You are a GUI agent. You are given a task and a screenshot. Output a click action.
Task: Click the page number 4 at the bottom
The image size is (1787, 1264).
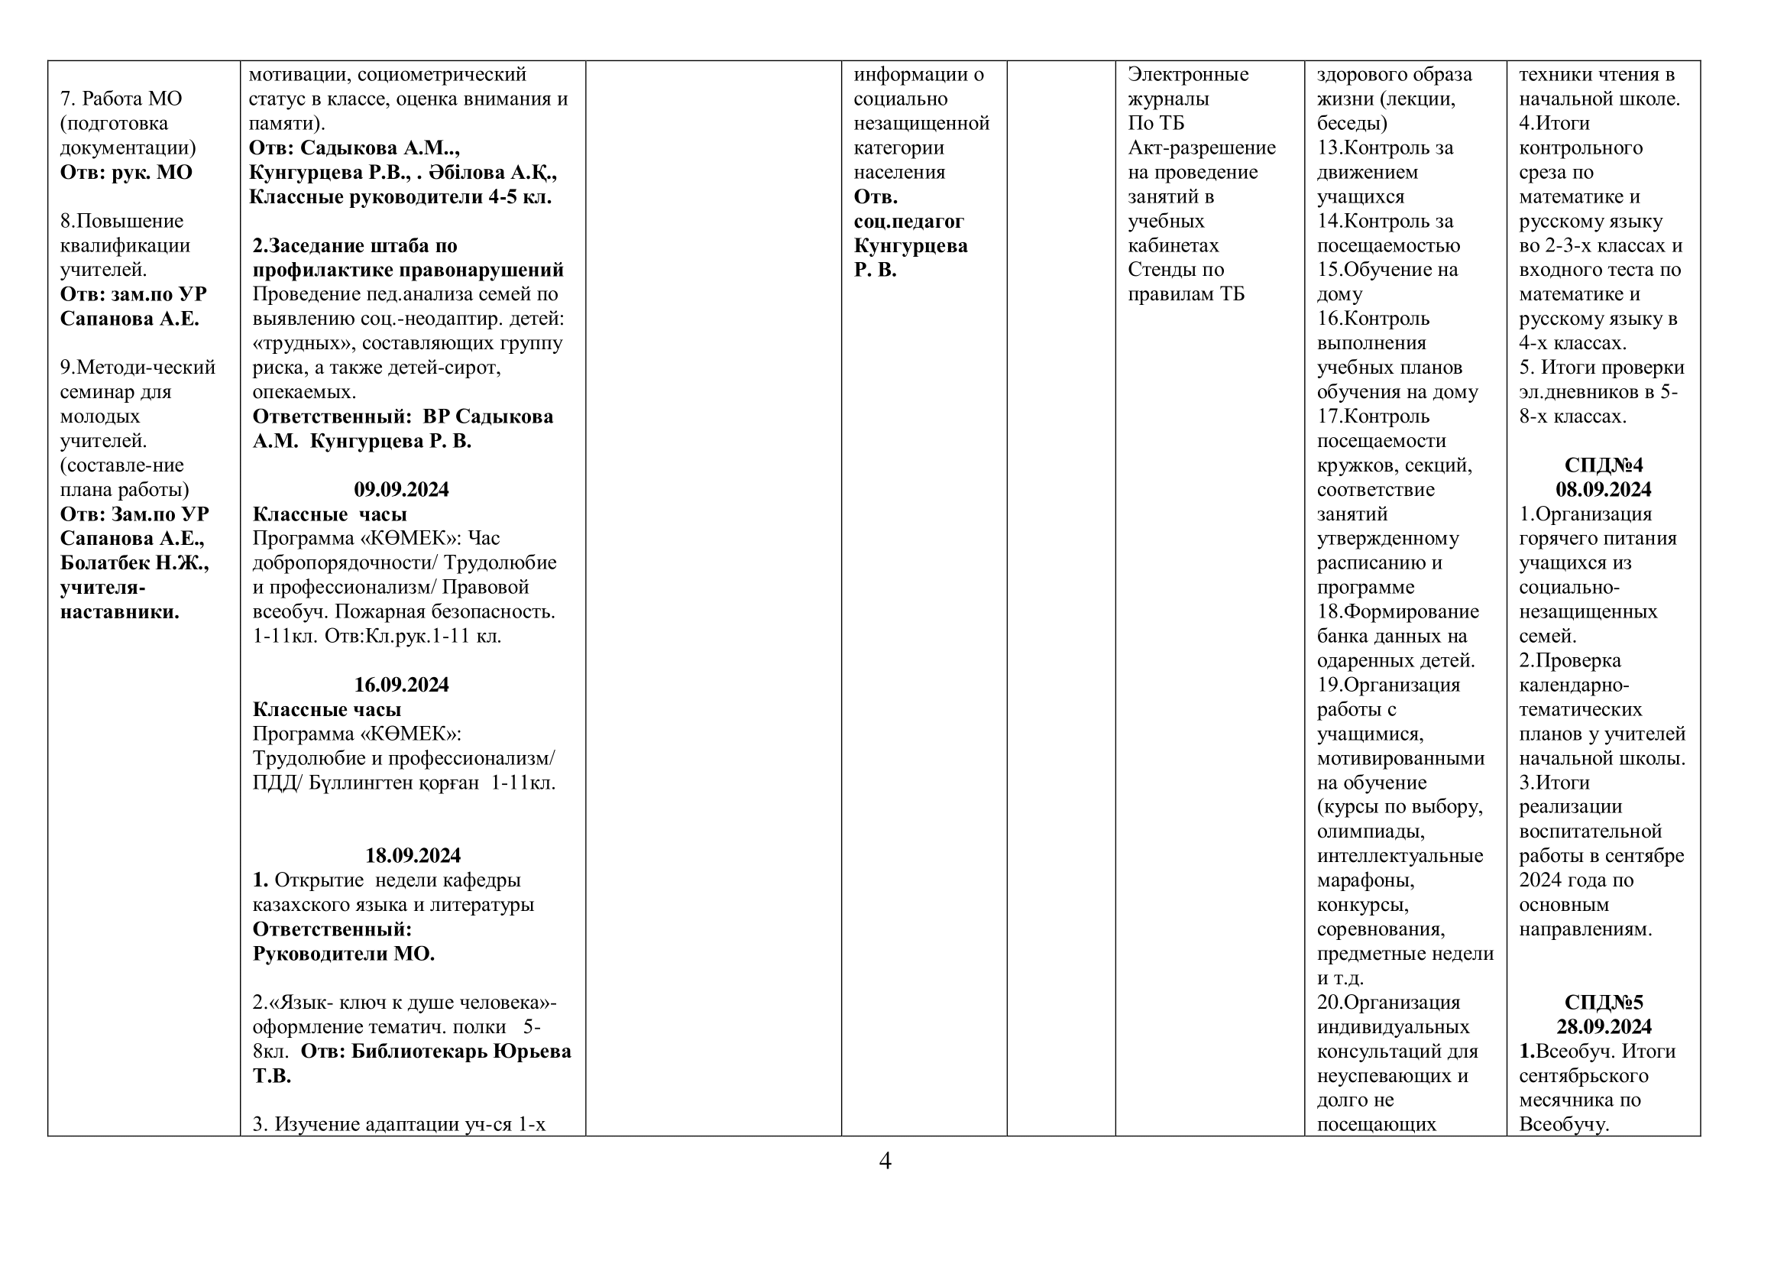click(x=884, y=1162)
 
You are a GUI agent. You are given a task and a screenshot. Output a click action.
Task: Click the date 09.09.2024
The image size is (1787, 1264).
click(x=401, y=490)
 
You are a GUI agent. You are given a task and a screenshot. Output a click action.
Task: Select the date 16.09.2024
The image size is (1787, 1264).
click(x=401, y=685)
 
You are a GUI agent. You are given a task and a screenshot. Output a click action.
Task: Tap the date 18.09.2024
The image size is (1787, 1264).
click(x=413, y=855)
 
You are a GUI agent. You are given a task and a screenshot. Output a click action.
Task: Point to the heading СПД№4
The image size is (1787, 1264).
click(x=1604, y=465)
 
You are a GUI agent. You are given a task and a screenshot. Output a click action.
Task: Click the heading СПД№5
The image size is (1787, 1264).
click(x=1604, y=1003)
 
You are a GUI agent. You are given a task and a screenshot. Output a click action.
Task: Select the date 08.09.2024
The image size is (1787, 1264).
click(x=1604, y=490)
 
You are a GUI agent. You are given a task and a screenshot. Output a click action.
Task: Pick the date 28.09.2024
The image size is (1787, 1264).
click(x=1604, y=1026)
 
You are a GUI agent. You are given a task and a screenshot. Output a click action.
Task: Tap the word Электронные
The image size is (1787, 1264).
click(x=1188, y=75)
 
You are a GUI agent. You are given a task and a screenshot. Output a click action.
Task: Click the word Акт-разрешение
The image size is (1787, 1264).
click(x=1202, y=148)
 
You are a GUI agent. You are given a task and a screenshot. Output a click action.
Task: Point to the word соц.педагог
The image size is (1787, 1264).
click(x=908, y=221)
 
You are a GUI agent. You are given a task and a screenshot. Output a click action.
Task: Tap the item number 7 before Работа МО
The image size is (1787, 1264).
click(x=66, y=99)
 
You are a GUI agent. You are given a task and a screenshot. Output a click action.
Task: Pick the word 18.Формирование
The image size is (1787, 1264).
click(x=1398, y=612)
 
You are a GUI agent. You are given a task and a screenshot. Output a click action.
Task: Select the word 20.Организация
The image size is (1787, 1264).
click(x=1388, y=1003)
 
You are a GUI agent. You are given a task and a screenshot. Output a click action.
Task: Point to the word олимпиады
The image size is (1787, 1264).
click(x=1371, y=831)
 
